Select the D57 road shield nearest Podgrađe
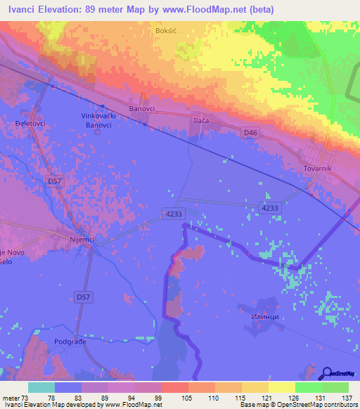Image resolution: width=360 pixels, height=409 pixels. [x=83, y=298]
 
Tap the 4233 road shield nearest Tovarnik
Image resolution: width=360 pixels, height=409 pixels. [x=269, y=208]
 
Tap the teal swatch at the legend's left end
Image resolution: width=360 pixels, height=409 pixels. [x=41, y=387]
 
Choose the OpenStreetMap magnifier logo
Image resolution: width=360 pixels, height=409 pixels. [x=327, y=372]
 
